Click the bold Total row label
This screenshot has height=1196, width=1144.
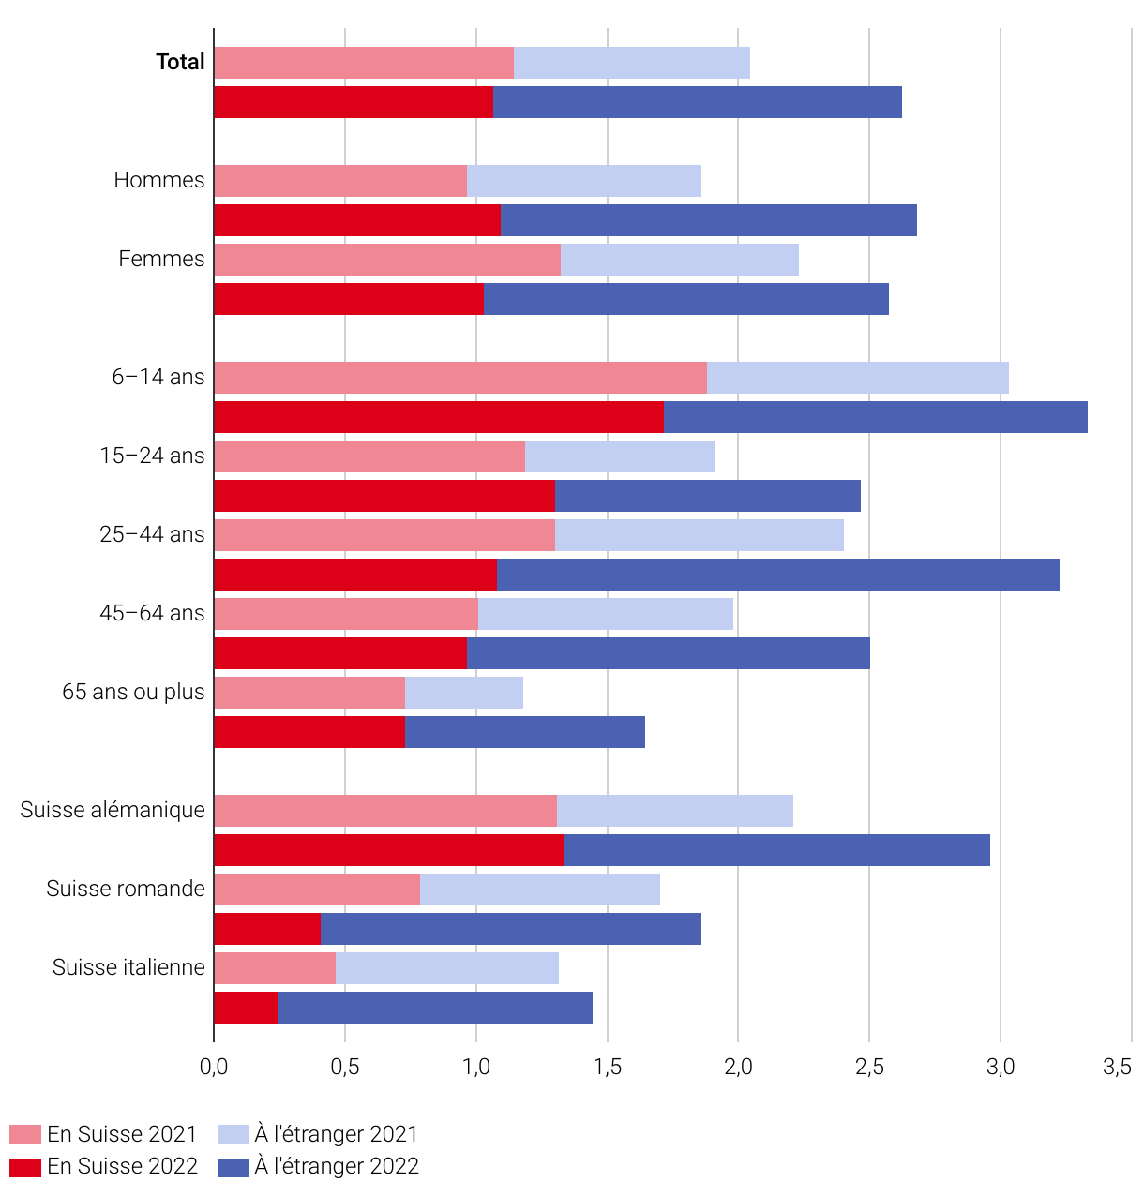(180, 62)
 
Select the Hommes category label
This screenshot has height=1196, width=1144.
(159, 180)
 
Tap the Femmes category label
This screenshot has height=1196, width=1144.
(161, 259)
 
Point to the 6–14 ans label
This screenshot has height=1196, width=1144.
(158, 377)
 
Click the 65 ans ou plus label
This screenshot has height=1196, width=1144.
(134, 692)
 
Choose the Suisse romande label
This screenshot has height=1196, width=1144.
(126, 889)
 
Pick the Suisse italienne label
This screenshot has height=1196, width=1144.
(128, 967)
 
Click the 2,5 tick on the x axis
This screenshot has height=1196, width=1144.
(869, 1067)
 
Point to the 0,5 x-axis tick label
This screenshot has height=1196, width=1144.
(344, 1067)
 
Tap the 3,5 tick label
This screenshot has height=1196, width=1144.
(1117, 1067)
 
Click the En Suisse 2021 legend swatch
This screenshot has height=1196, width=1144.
(25, 1134)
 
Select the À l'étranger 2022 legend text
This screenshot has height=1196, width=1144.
(337, 1166)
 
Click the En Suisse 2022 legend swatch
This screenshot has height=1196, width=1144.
(25, 1166)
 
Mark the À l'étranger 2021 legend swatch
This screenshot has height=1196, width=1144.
(233, 1134)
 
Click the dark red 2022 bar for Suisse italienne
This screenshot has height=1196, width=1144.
(246, 1008)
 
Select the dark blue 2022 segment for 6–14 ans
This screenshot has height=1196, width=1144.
(875, 417)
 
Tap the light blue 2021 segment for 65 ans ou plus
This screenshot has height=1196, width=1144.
(463, 693)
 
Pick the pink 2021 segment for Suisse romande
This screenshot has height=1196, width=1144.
(317, 890)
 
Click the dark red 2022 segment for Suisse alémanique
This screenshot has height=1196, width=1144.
(389, 850)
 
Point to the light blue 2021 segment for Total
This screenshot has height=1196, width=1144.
(631, 63)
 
